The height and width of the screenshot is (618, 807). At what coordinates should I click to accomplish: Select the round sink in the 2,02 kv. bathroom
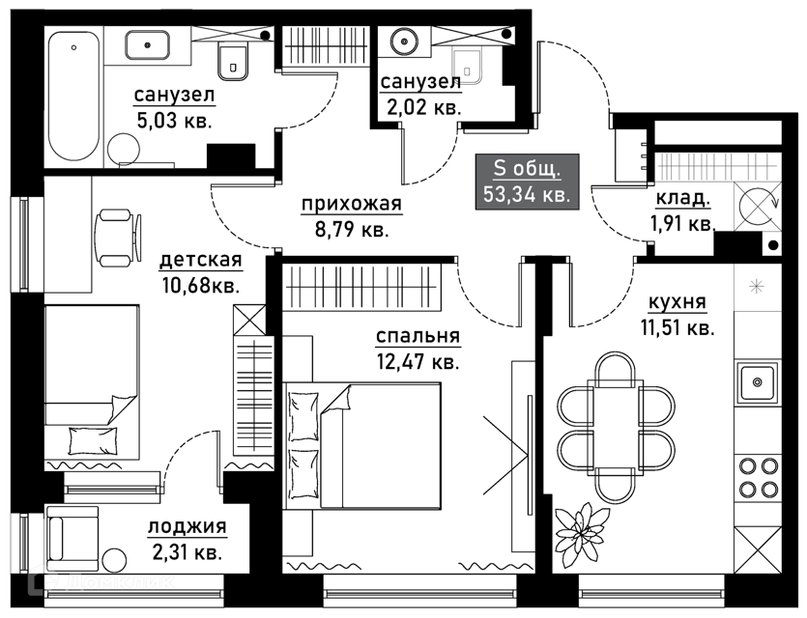[x=404, y=42]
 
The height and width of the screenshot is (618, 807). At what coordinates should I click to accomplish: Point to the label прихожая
[x=351, y=205]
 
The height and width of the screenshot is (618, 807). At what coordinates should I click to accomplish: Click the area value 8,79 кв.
[x=351, y=230]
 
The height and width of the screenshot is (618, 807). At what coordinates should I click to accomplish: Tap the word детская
[x=200, y=261]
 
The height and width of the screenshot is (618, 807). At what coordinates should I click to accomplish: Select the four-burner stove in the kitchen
[x=760, y=475]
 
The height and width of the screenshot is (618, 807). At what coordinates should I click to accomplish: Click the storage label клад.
[x=682, y=200]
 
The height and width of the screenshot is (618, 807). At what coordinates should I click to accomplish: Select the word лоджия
[x=187, y=527]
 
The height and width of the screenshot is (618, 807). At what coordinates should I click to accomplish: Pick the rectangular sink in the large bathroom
[x=147, y=43]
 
